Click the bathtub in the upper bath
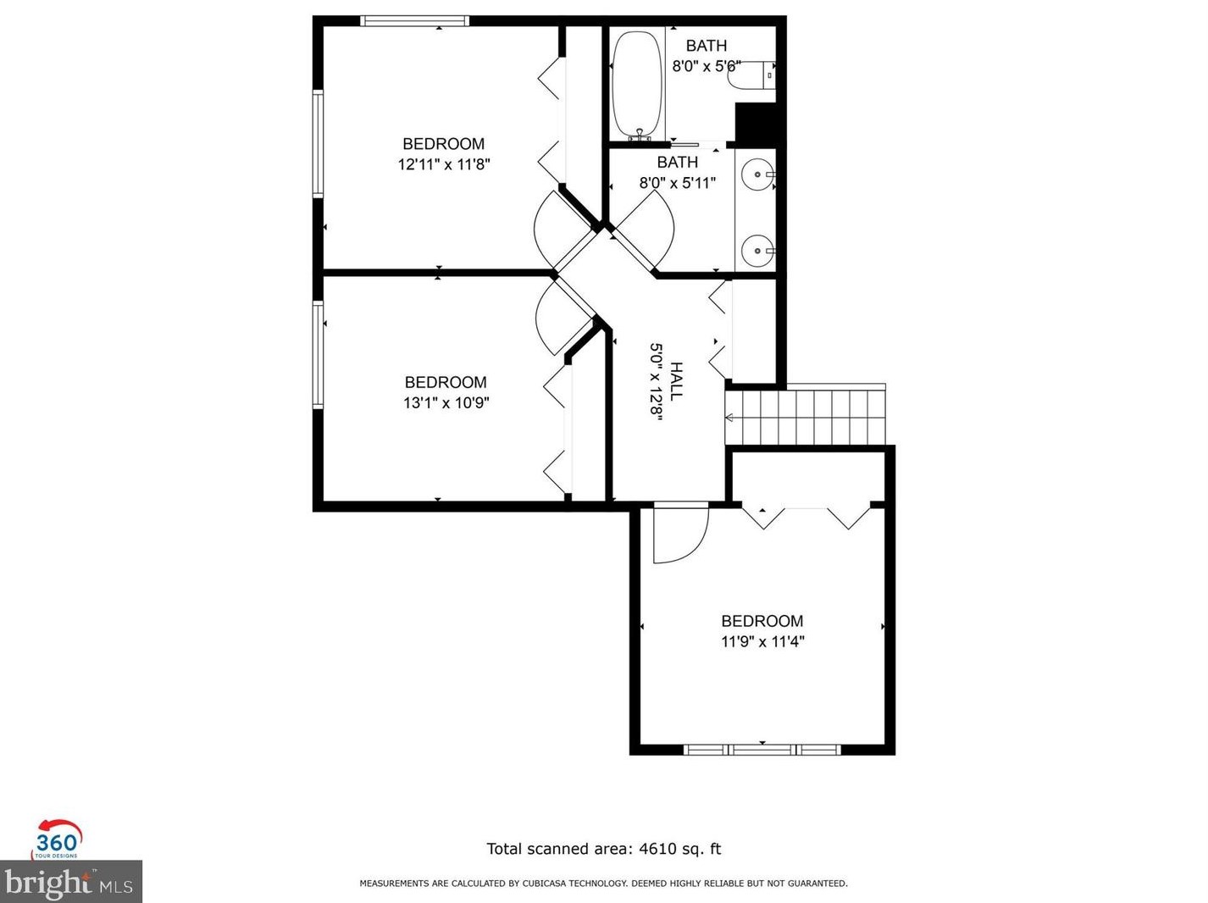637,85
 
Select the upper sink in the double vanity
756,175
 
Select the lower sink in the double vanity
756,251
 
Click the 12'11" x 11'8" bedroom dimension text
444,164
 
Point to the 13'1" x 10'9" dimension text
446,403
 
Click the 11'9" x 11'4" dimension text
762,642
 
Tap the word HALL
676,381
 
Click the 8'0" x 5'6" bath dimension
707,66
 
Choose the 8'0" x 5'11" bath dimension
677,183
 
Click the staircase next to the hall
805,417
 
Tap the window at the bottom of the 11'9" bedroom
762,750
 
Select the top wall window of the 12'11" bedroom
414,21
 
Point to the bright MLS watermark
70,883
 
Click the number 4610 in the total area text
656,849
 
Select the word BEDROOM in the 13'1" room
446,382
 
